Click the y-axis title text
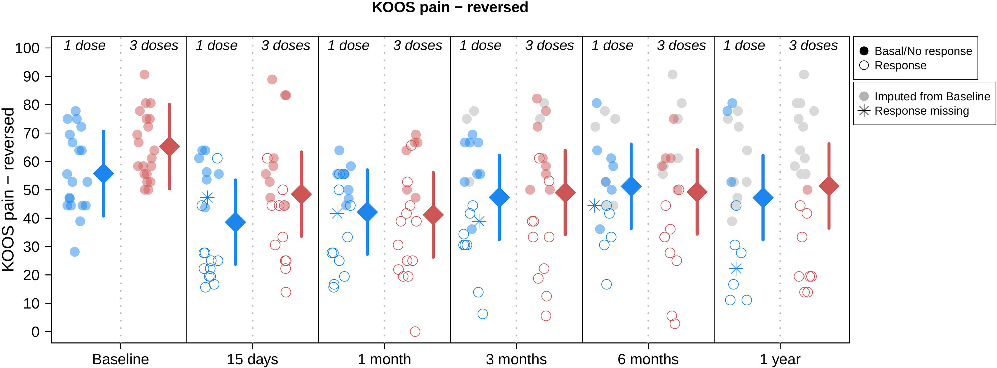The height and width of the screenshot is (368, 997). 8,190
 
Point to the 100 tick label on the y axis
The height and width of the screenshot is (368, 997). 27,48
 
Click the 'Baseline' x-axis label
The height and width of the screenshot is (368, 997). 121,359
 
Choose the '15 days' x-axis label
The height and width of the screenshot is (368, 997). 252,359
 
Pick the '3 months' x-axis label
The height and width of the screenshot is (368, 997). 516,359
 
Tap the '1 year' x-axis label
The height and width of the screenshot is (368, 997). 780,359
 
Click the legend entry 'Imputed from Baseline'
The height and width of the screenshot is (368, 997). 932,96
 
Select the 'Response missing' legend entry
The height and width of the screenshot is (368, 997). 921,111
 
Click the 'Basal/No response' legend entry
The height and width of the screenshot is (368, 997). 923,51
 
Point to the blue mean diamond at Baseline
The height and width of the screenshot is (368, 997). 104,174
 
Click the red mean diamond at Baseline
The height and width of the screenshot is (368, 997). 170,147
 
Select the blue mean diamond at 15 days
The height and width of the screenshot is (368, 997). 235,222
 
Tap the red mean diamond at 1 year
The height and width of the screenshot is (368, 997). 829,186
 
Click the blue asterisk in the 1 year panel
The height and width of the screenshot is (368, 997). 736,269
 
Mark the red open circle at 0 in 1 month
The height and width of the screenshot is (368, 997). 415,332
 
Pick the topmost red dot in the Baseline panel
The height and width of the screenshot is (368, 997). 144,75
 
